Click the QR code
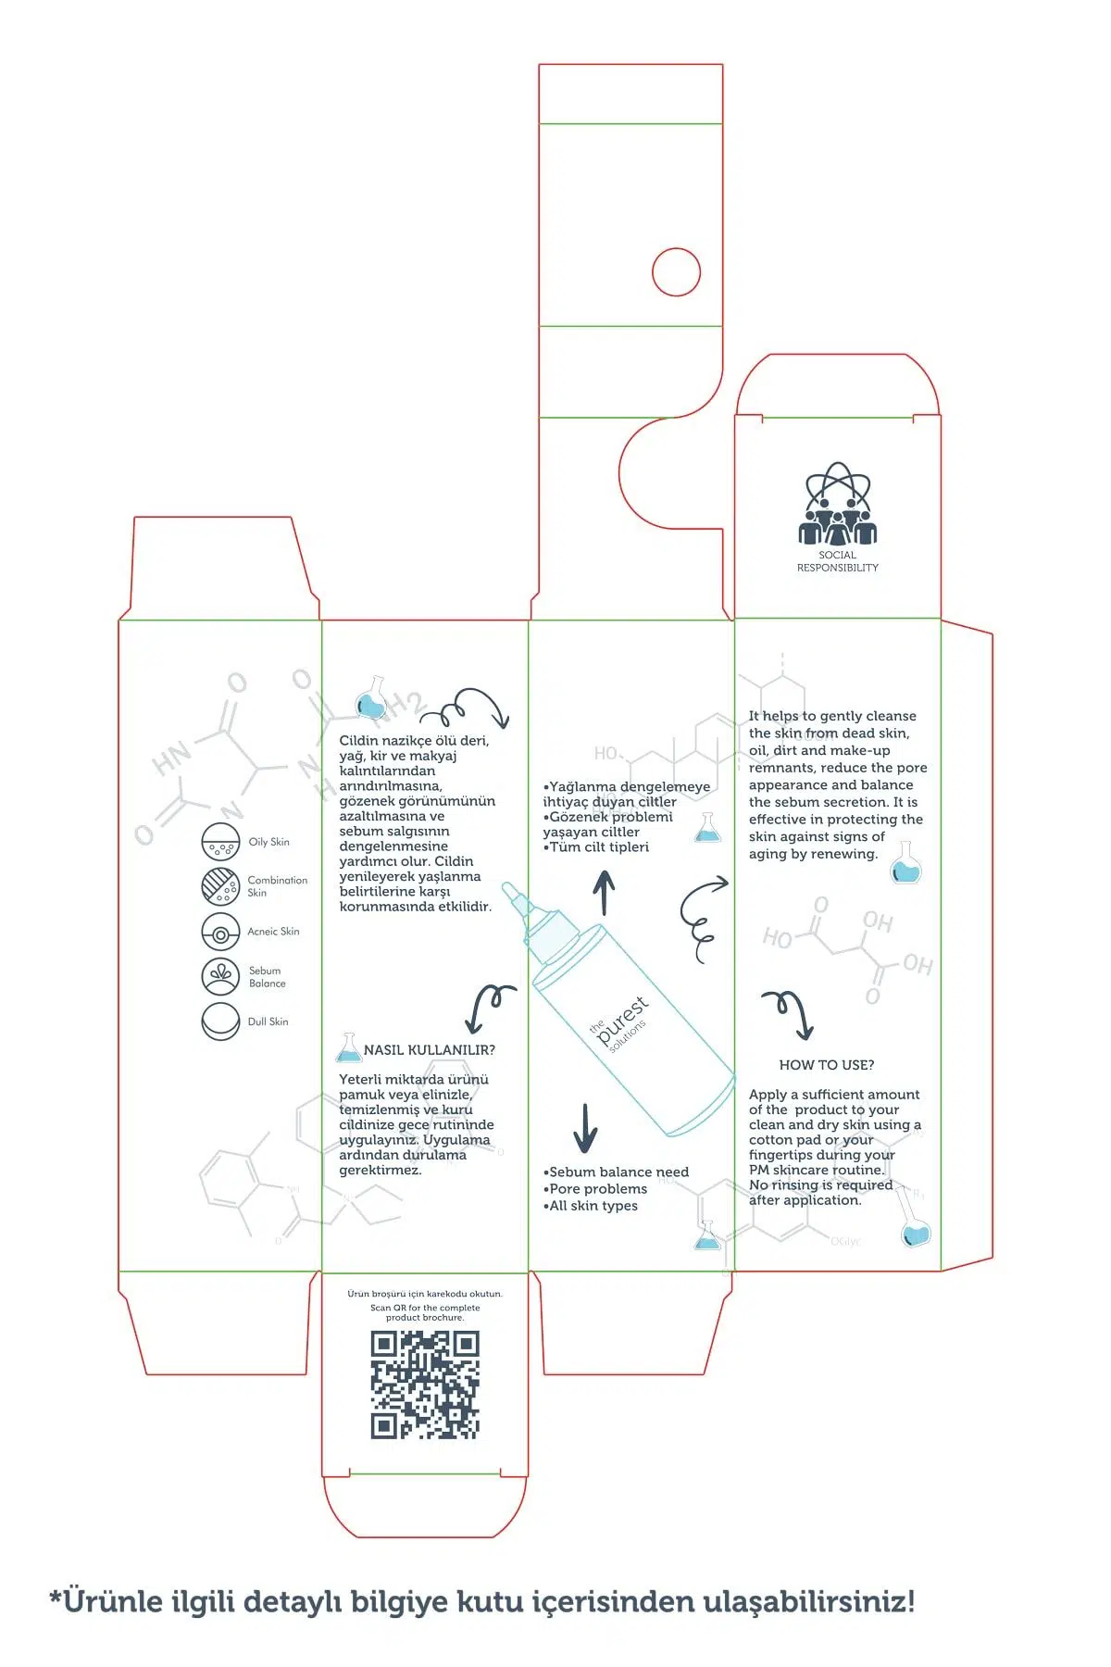click(x=425, y=1385)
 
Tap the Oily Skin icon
click(x=220, y=842)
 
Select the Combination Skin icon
click(x=220, y=886)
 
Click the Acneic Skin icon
click(x=220, y=933)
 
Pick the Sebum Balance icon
click(x=220, y=976)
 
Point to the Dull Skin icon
click(x=220, y=1022)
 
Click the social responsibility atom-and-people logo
click(x=837, y=504)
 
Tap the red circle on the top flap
click(x=676, y=272)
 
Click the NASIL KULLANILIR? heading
click(x=429, y=1050)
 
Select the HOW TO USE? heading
click(x=826, y=1065)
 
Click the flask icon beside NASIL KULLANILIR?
click(x=348, y=1047)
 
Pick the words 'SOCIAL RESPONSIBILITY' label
click(x=837, y=561)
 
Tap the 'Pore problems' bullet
click(x=597, y=1189)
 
